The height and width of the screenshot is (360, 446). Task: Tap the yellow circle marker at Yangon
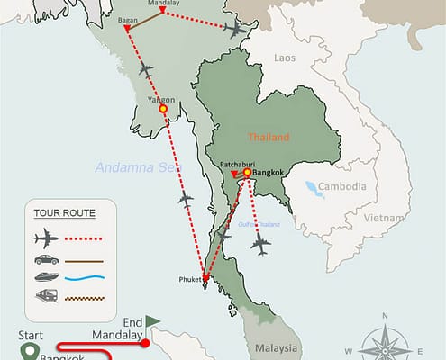163,109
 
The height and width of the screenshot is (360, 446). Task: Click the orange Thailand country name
271,138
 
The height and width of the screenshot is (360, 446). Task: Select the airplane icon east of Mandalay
234,31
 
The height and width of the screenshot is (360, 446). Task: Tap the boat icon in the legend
46,277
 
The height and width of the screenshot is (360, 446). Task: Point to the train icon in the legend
46,297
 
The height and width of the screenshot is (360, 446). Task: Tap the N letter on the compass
386,316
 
